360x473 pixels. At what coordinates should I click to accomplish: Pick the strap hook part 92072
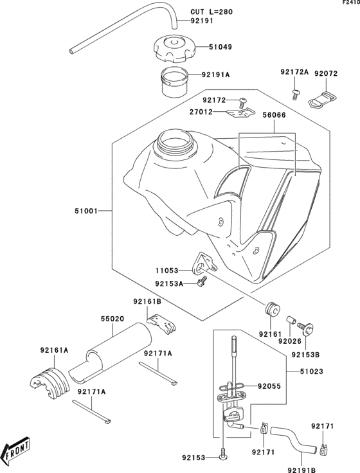click(323, 98)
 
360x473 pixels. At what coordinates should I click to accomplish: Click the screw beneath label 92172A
click(295, 94)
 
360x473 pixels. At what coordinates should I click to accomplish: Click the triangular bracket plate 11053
click(205, 264)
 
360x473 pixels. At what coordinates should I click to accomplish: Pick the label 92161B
click(147, 301)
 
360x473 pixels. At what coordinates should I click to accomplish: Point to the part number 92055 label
click(271, 386)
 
